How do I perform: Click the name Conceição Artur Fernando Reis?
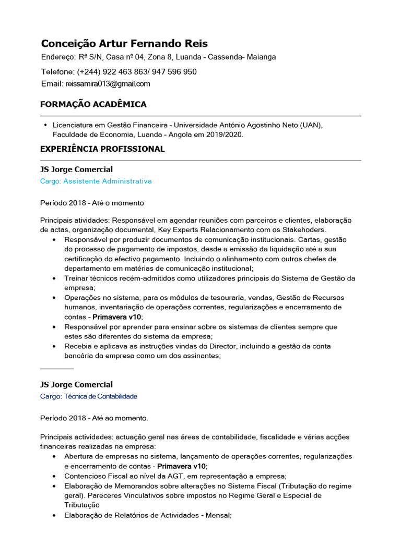point(124,43)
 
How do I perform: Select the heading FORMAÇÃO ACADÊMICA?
point(93,104)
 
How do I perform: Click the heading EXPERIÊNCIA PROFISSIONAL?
point(102,149)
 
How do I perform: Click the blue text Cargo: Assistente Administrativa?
point(96,181)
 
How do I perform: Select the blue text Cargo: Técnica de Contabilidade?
point(88,396)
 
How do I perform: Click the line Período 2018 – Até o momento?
point(92,202)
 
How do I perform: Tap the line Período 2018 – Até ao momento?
point(94,418)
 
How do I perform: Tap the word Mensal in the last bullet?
point(218,515)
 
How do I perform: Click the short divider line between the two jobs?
point(57,369)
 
